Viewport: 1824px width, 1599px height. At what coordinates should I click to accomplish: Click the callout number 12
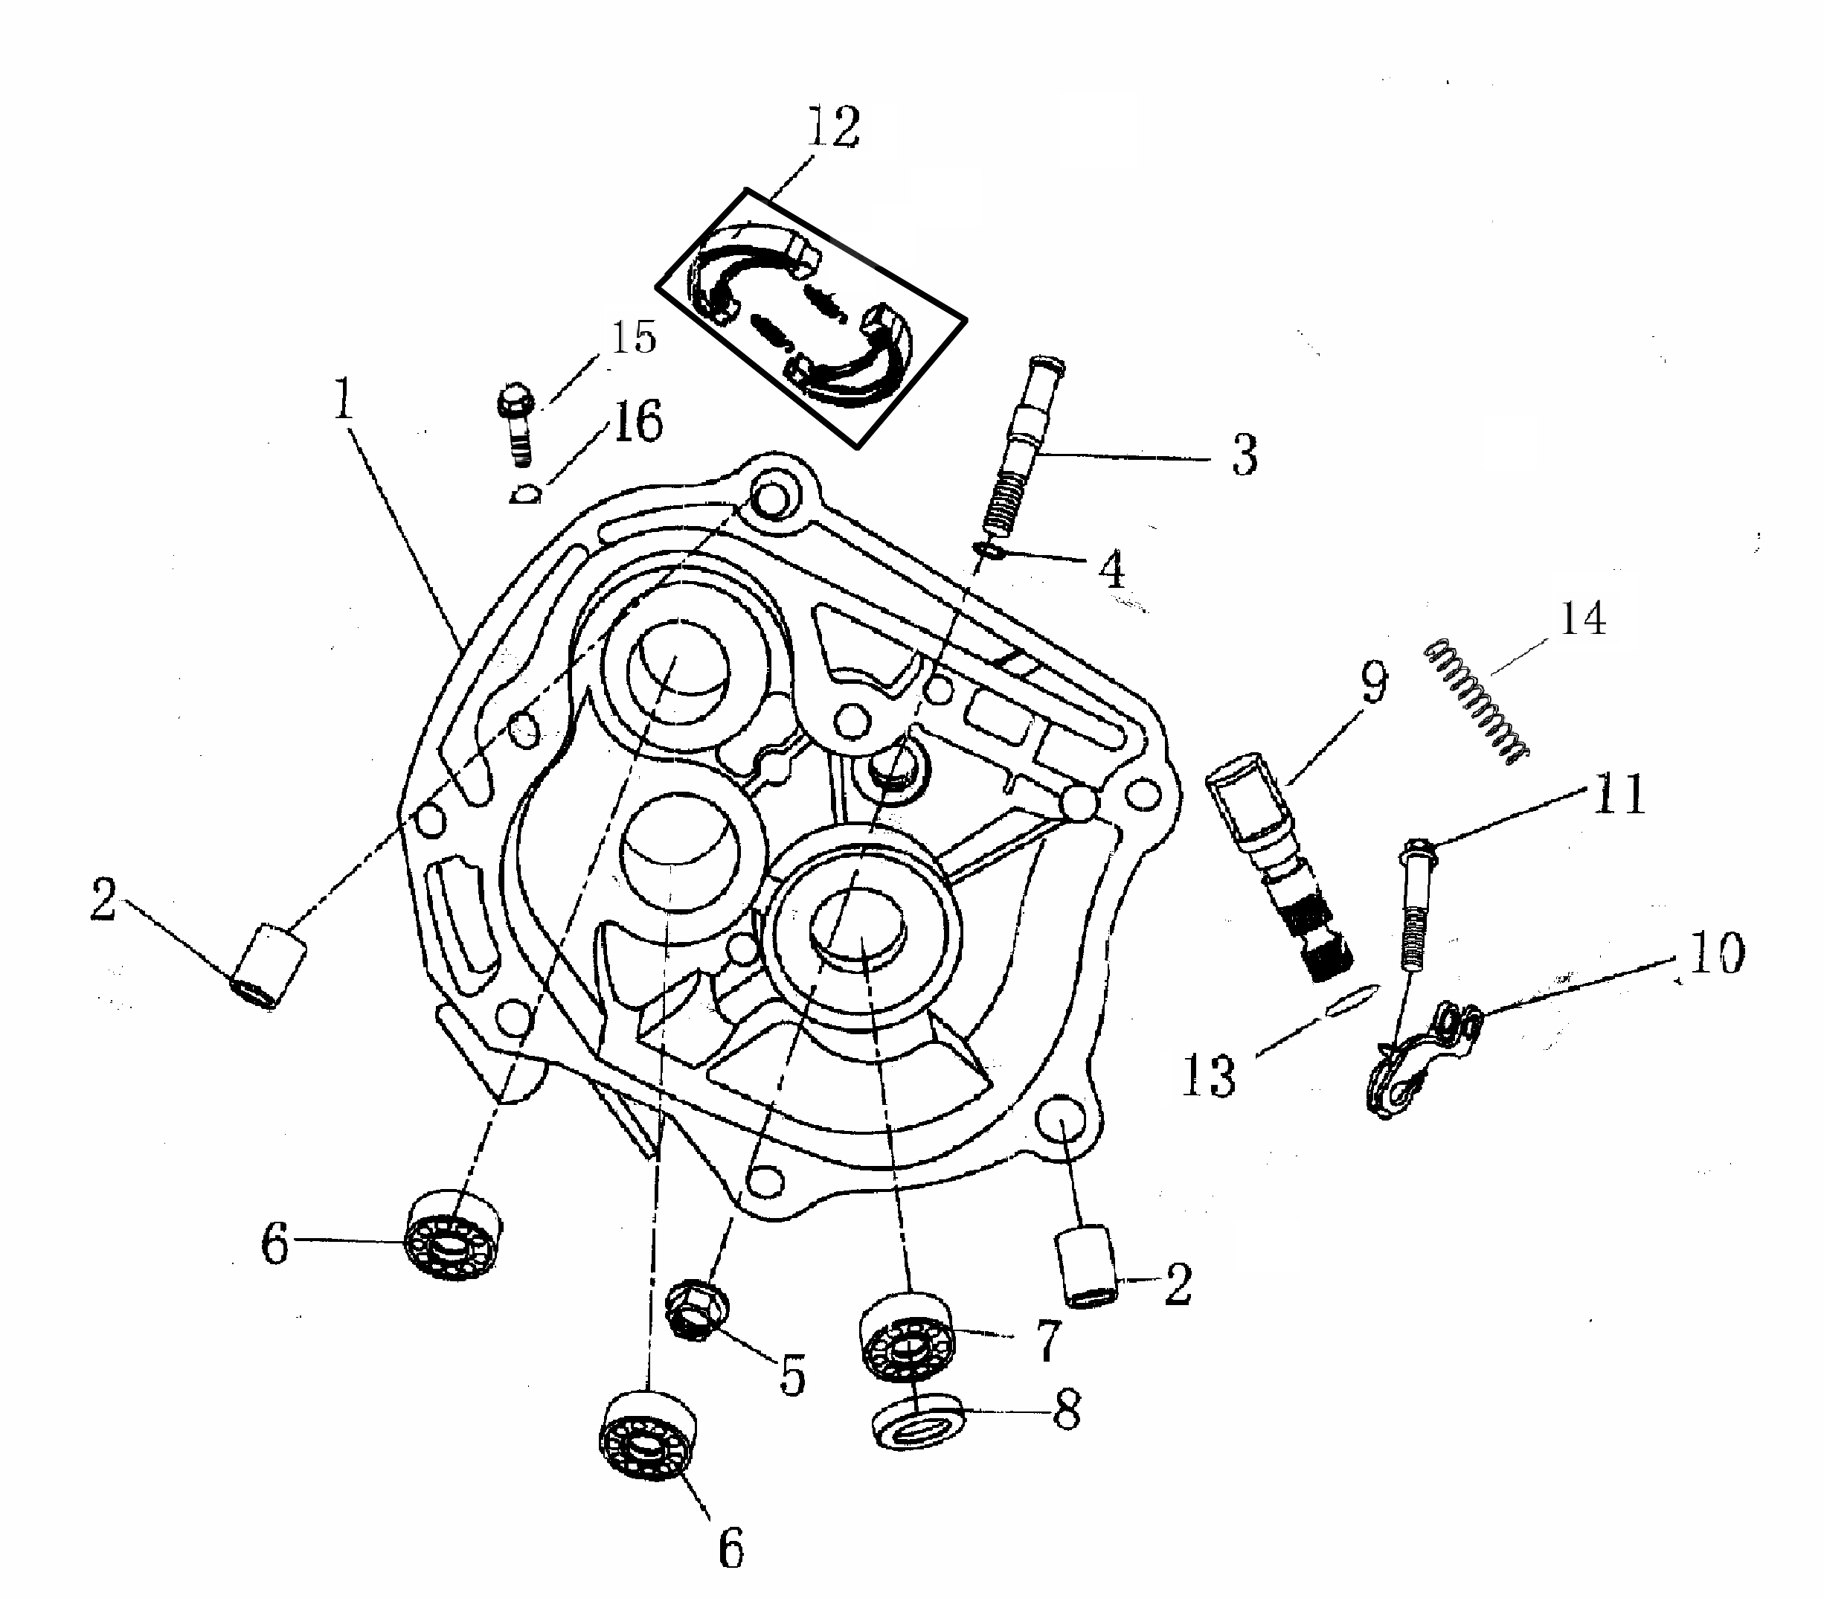click(833, 126)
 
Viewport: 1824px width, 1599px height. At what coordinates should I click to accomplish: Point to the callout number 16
click(638, 421)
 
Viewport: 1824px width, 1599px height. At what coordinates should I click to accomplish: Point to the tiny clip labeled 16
click(525, 493)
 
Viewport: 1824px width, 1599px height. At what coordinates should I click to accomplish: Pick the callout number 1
click(344, 399)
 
